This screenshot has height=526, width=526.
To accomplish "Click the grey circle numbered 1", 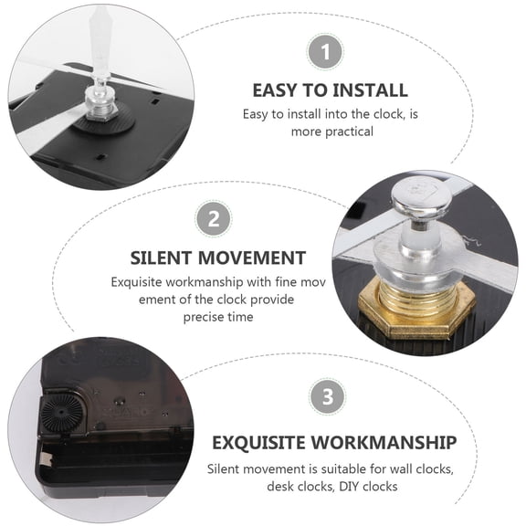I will (324, 52).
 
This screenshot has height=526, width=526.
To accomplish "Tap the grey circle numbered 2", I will (213, 219).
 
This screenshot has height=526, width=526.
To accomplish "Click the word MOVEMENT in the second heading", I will (258, 258).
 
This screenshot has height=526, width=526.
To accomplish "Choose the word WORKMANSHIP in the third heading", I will (386, 443).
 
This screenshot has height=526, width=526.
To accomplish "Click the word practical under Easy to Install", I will (345, 131).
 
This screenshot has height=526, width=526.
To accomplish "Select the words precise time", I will (217, 316).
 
